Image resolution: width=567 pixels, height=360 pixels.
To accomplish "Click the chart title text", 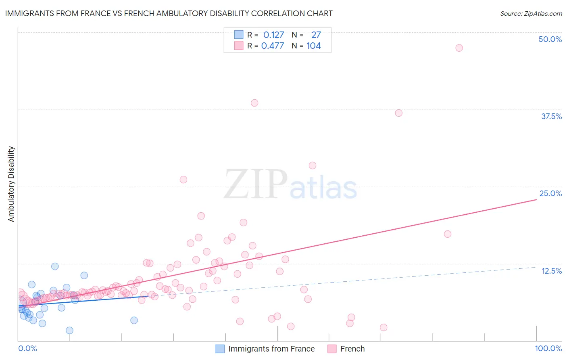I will click(x=169, y=13).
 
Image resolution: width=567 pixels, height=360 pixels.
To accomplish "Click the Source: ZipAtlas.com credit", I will click(x=531, y=13).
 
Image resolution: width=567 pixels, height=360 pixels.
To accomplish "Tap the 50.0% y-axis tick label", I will click(x=550, y=39).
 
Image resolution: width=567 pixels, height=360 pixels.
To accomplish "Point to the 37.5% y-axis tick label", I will click(x=551, y=116).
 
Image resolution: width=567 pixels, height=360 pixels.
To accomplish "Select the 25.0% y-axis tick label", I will click(x=550, y=193).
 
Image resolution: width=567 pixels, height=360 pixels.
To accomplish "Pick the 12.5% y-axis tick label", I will click(x=551, y=271).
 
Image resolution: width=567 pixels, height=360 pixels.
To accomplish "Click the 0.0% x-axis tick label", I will click(x=27, y=348).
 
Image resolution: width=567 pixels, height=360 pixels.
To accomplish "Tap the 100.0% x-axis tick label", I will click(x=548, y=348).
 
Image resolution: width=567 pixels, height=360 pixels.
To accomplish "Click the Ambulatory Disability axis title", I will click(x=11, y=184).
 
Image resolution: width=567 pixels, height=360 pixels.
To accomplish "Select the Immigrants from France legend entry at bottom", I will click(x=271, y=349).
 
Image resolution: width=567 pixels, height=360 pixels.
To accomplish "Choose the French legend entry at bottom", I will click(x=352, y=349).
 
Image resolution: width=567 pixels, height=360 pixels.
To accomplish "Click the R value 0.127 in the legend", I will click(x=273, y=35).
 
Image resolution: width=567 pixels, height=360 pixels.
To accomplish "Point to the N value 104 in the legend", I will click(x=313, y=46).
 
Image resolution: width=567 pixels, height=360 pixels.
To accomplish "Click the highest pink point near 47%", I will click(x=459, y=48).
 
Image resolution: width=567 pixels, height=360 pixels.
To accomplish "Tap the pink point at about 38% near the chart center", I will click(x=254, y=103).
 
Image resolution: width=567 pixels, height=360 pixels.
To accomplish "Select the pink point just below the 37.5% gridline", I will click(x=399, y=113).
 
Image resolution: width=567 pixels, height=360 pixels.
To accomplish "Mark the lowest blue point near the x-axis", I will click(x=69, y=331).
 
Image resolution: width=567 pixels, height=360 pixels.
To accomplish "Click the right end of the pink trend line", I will click(x=536, y=200).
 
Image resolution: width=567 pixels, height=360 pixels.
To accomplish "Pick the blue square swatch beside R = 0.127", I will click(x=239, y=35).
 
